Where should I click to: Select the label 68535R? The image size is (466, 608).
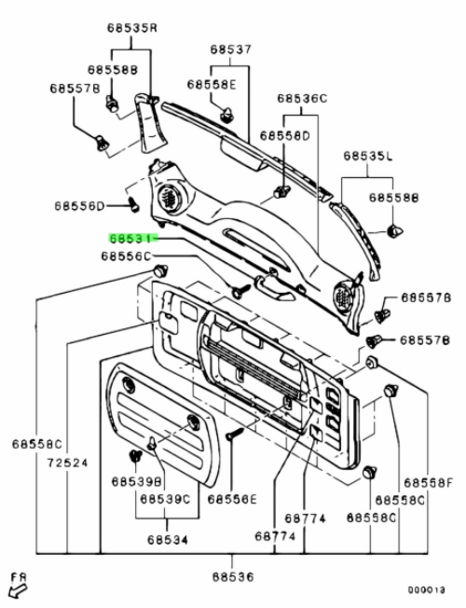point(132,28)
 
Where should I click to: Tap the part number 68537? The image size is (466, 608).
point(231,49)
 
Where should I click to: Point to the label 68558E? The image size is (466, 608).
point(212,84)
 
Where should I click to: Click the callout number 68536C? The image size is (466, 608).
point(302,99)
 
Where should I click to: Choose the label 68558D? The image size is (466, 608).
point(285,136)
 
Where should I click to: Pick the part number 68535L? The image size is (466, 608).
point(368,156)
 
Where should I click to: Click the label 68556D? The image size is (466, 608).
point(79,205)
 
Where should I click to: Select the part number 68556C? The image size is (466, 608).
point(126,256)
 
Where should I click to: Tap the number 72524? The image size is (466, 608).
point(68,463)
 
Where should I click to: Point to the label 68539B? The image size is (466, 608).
point(136,481)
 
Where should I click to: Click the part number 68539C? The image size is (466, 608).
point(165,499)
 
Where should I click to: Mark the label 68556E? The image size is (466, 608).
point(232,499)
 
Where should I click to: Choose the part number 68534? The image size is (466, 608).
point(168,540)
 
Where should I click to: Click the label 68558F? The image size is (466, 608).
point(429,483)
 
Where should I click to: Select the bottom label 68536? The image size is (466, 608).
point(233,577)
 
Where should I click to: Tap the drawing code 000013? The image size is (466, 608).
point(426,590)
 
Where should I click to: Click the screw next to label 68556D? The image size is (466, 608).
point(133,204)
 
